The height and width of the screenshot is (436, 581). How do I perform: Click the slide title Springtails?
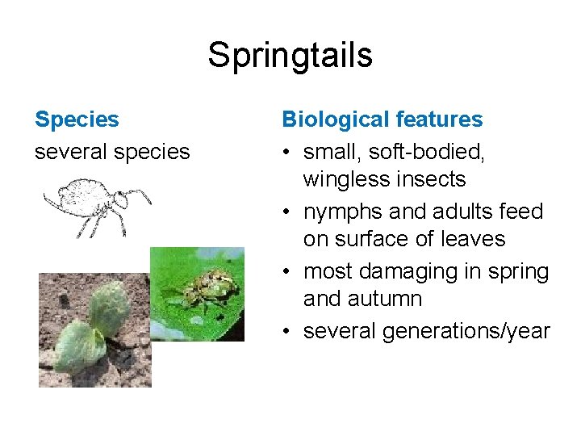pyautogui.click(x=290, y=56)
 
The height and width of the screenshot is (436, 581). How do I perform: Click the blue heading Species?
pyautogui.click(x=77, y=120)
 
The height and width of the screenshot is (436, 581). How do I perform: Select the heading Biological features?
pyautogui.click(x=382, y=120)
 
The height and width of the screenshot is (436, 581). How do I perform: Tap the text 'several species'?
pyautogui.click(x=112, y=151)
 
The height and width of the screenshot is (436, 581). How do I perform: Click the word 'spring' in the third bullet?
pyautogui.click(x=518, y=271)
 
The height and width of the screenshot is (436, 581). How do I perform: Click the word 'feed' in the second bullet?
pyautogui.click(x=524, y=212)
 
